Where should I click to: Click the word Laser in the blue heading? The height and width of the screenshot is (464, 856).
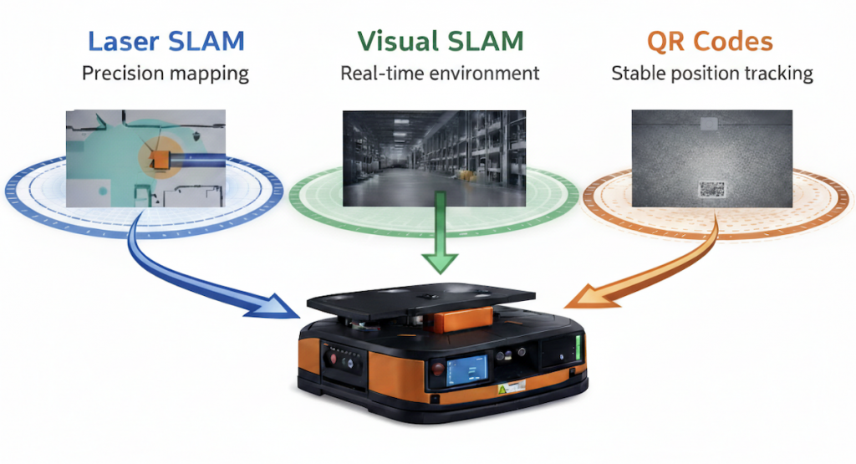point(123,41)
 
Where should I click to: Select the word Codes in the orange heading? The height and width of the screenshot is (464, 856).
point(736,41)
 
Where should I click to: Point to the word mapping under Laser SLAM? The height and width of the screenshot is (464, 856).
point(208,74)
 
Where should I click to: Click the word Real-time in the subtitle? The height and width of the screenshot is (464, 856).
point(380,74)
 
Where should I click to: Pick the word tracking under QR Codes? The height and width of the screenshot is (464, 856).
point(777,74)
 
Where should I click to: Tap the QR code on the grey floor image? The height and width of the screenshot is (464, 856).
point(711,190)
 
